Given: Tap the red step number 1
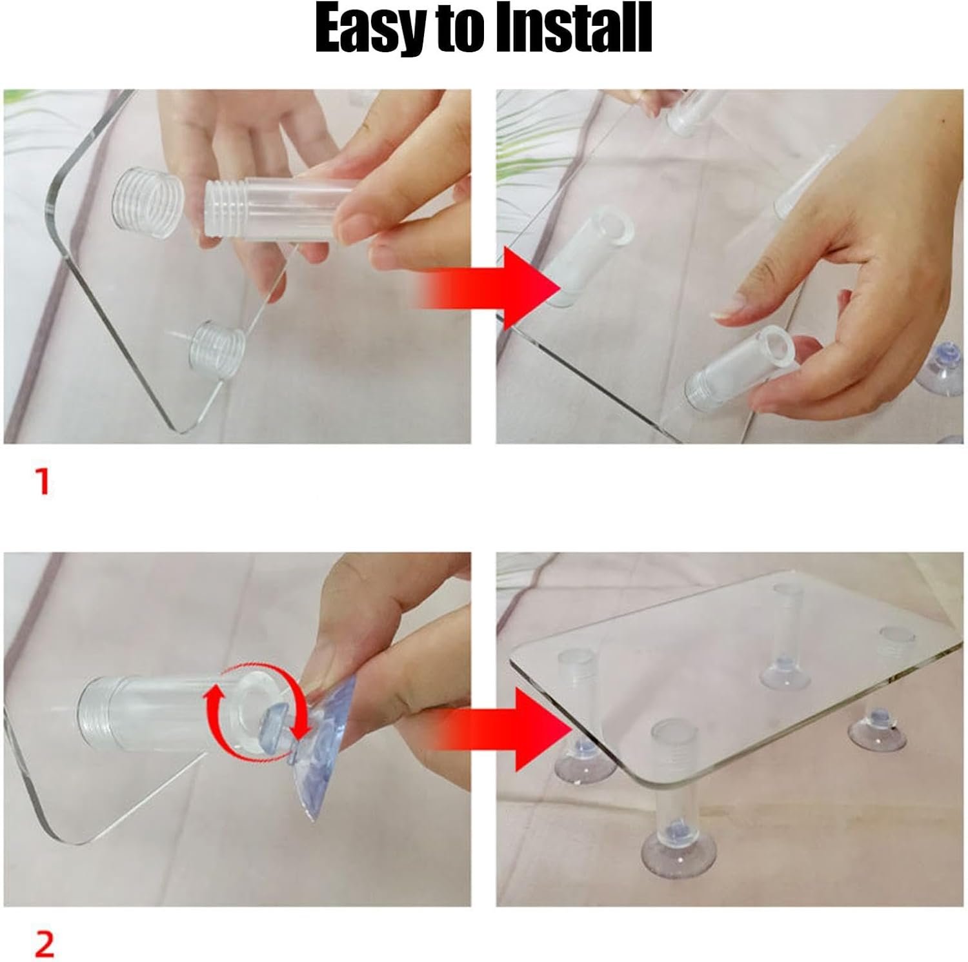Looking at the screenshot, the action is pos(43,482).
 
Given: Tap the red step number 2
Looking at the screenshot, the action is pos(44,944).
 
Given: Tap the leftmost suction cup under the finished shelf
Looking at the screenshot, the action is pos(580,761).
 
